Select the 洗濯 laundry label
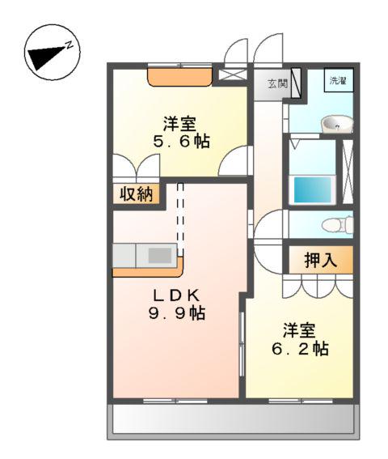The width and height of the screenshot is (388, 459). click(336, 80)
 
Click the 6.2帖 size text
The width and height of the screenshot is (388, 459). click(299, 350)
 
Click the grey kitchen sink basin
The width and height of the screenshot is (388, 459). click(158, 255)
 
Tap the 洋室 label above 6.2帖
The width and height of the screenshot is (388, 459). click(299, 331)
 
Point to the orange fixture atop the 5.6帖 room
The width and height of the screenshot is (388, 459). click(179, 76)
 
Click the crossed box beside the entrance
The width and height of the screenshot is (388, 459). click(230, 75)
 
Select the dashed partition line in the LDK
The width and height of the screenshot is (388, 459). click(180, 215)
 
